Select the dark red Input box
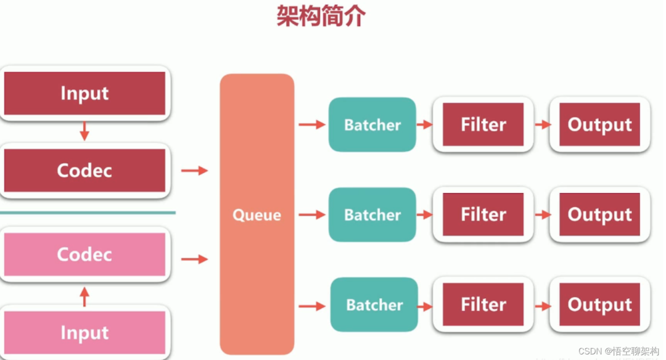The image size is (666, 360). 84,94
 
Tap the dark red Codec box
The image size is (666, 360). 84,170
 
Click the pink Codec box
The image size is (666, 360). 84,254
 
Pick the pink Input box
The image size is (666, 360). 84,333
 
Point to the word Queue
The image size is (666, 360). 257,215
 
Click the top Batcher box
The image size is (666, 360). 372,125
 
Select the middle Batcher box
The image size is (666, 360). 372,215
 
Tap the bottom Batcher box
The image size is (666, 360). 374,305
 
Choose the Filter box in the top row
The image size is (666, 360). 483,125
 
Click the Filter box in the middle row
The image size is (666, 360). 483,215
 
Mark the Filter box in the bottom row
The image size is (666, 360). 483,305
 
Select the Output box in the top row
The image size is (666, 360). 599,125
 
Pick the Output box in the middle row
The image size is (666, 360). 599,215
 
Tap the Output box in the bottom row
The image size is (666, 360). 599,305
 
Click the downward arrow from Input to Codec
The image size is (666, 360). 85,131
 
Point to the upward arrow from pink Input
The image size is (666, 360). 85,297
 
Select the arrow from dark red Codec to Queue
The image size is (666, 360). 194,171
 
